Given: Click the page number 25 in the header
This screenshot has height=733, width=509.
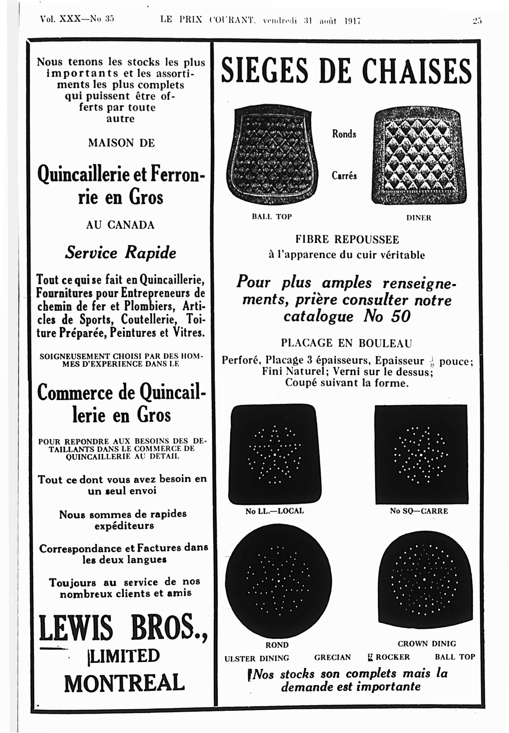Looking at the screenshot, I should [477, 21].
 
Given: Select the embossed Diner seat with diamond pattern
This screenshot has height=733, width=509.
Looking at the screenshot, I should [419, 156].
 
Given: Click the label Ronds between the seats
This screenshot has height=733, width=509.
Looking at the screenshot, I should [344, 134].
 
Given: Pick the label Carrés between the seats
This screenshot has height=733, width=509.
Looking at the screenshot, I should [344, 176].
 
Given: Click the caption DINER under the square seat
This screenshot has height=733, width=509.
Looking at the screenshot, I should [419, 218].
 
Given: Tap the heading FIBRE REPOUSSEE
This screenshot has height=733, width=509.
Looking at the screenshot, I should [347, 239].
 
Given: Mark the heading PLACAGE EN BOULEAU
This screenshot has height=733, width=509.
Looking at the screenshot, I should [346, 343].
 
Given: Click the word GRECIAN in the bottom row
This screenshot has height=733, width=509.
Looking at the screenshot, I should [332, 657].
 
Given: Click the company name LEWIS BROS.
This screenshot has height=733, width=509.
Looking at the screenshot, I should [123, 628].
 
